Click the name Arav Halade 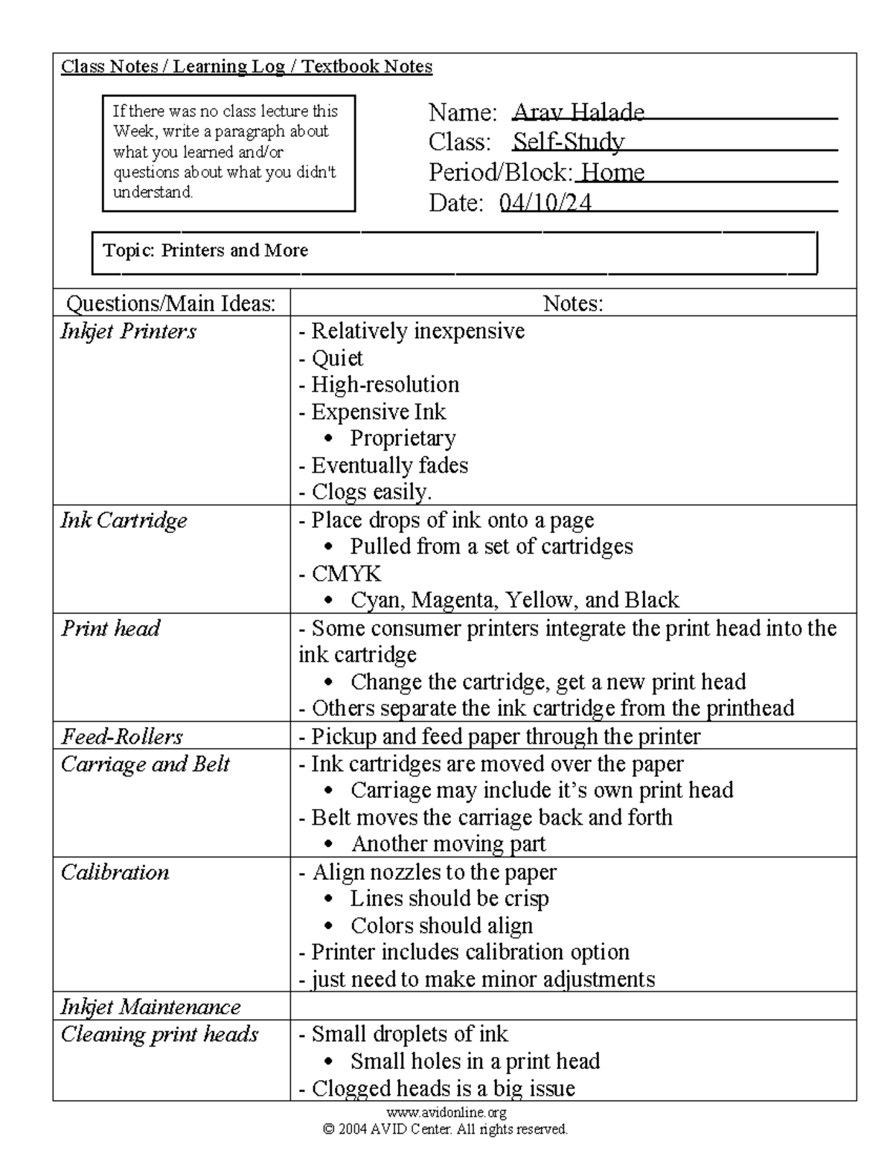coord(578,112)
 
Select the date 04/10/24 coord(545,202)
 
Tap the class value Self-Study coord(569,142)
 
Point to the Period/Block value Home coord(612,173)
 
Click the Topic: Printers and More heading coord(205,250)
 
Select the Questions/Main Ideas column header coord(171,303)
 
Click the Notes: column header coord(572,303)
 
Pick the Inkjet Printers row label coord(128,331)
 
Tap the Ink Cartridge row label coord(124,520)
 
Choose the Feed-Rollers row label coord(122,737)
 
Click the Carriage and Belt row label coord(145,764)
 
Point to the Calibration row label coord(115,872)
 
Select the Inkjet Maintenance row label coord(150,1007)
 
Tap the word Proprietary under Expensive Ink coord(403,438)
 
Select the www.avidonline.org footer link coord(446,1112)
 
